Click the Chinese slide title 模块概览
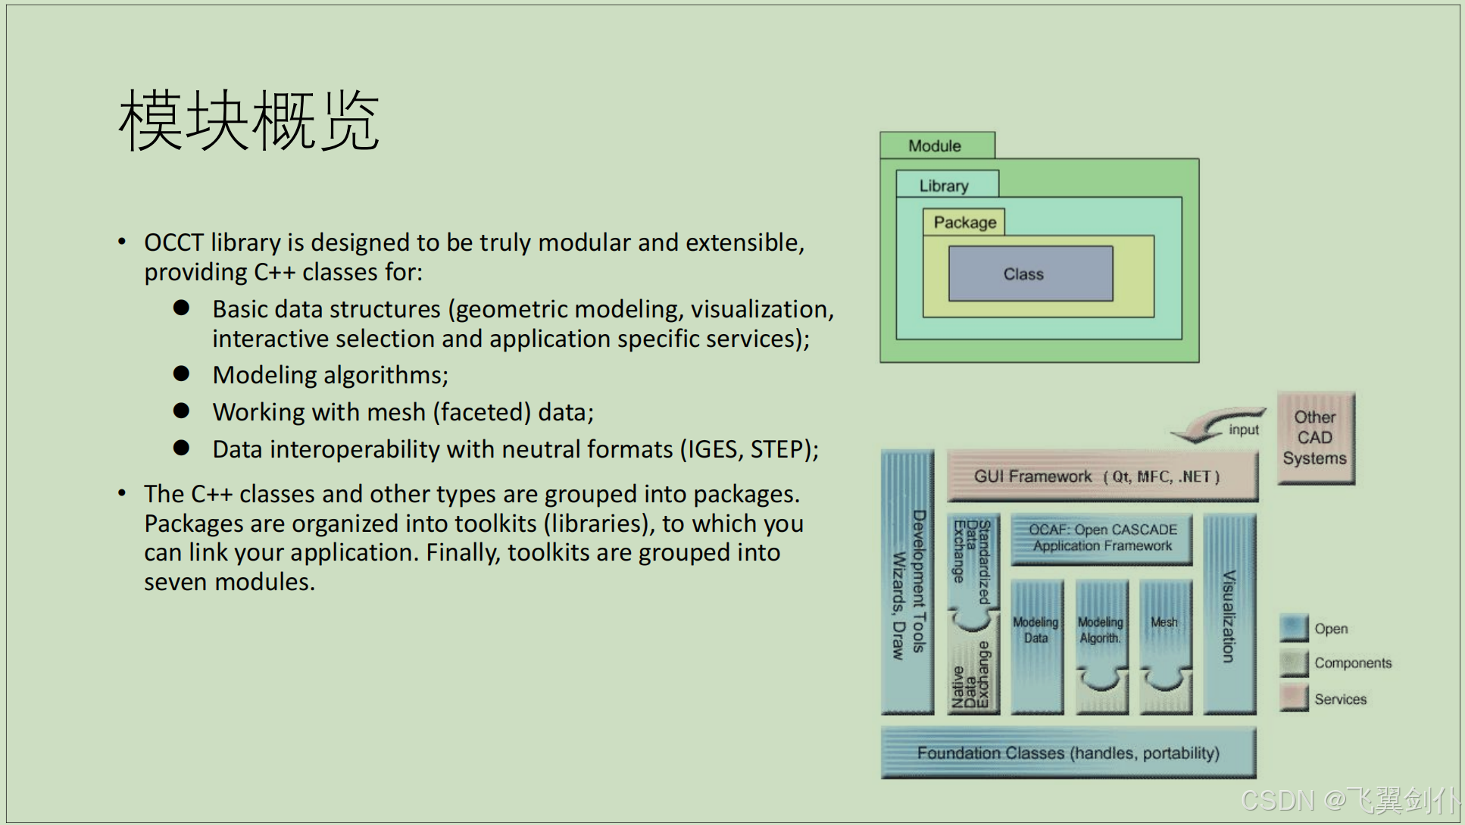pyautogui.click(x=248, y=121)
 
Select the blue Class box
pyautogui.click(x=1030, y=273)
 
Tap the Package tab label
pyautogui.click(x=964, y=222)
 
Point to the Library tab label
pyautogui.click(x=944, y=186)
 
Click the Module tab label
pyautogui.click(x=935, y=145)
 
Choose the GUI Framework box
pyautogui.click(x=1102, y=477)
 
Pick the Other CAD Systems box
pyautogui.click(x=1315, y=438)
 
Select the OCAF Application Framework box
pyautogui.click(x=1102, y=538)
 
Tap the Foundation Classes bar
pyautogui.click(x=1068, y=753)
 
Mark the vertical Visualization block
pyautogui.click(x=1229, y=615)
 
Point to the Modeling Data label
pyautogui.click(x=1035, y=630)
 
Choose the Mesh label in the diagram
pyautogui.click(x=1164, y=622)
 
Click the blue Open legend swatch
pyautogui.click(x=1294, y=628)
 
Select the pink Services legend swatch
pyautogui.click(x=1294, y=698)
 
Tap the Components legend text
pyautogui.click(x=1353, y=663)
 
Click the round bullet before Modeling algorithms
pyautogui.click(x=181, y=373)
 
